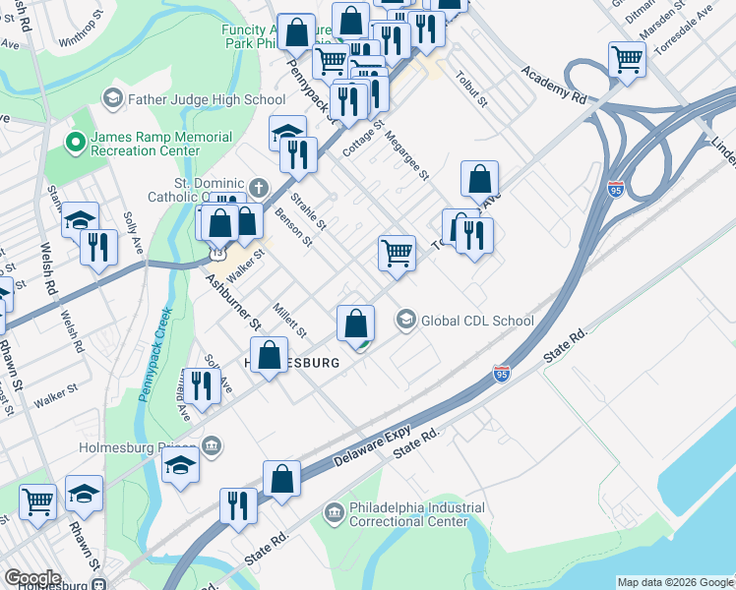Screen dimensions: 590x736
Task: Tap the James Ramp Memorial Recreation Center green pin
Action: pyautogui.click(x=73, y=144)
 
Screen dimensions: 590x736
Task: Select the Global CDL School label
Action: pyautogui.click(x=477, y=321)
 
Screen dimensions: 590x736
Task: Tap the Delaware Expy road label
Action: pyautogui.click(x=370, y=448)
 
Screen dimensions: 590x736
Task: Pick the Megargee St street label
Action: pyautogui.click(x=407, y=156)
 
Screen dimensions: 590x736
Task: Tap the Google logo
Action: pyautogui.click(x=32, y=578)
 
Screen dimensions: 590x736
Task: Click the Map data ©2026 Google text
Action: pyautogui.click(x=675, y=582)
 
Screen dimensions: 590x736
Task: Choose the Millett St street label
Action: pyautogui.click(x=290, y=317)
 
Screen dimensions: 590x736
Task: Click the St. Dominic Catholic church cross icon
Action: pyautogui.click(x=258, y=187)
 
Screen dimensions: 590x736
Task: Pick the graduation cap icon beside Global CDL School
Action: pyautogui.click(x=405, y=321)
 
